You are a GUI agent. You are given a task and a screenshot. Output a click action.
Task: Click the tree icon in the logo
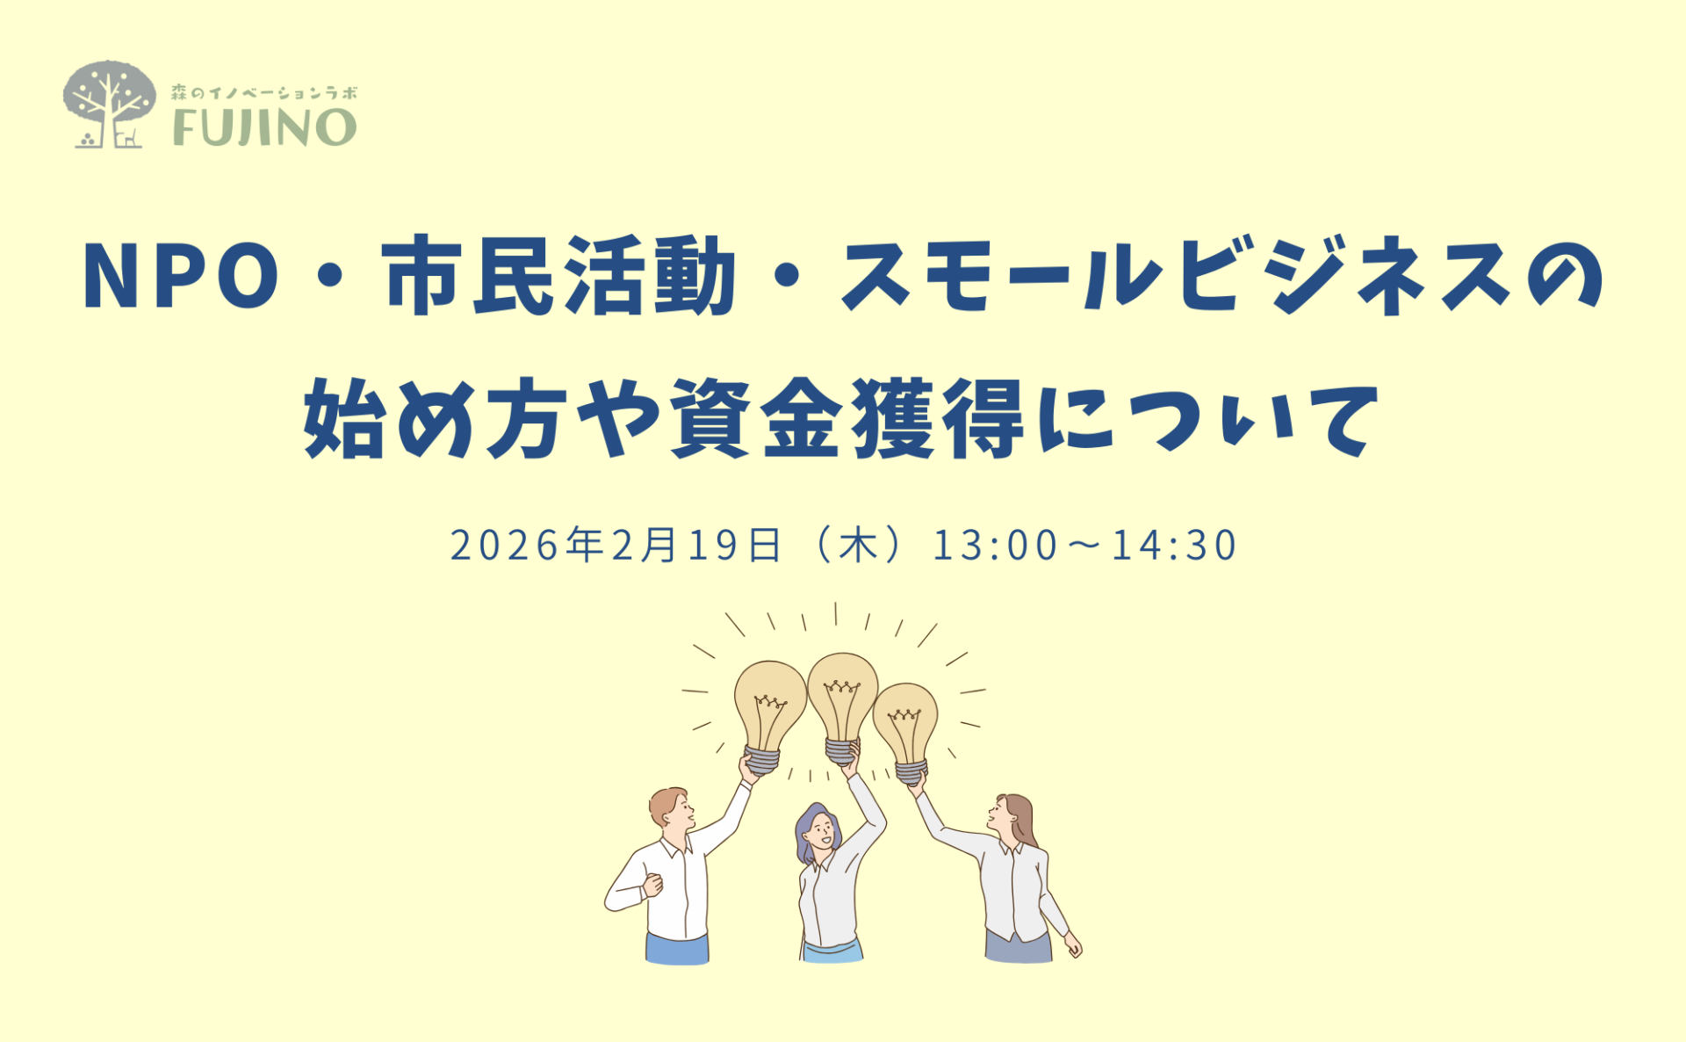click(x=109, y=104)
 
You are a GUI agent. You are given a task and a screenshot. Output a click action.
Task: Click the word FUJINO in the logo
click(x=264, y=127)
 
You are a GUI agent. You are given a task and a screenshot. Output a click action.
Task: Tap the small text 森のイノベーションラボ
click(x=264, y=92)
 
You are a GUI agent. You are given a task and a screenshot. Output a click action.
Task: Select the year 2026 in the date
click(x=505, y=545)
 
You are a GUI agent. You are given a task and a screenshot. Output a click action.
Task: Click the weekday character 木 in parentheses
click(x=858, y=545)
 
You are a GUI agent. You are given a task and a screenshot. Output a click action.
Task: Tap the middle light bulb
click(x=842, y=707)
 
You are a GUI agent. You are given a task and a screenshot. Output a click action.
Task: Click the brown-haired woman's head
click(x=1012, y=817)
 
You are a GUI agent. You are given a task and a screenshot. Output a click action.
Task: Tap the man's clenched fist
click(x=652, y=885)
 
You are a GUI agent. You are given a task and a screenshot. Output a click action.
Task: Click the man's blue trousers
click(x=677, y=949)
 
